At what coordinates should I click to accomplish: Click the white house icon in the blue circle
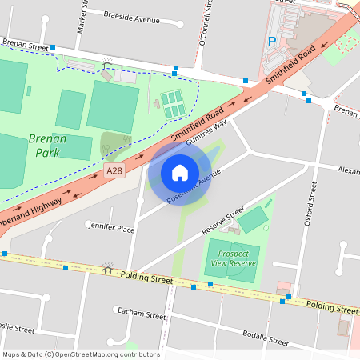pos(180,172)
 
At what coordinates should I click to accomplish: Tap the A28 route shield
pos(114,172)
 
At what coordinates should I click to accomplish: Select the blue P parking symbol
pos(272,41)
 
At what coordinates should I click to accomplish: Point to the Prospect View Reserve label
pos(234,258)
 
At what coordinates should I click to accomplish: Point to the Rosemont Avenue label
pos(193,190)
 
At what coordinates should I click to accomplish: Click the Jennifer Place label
pos(111,229)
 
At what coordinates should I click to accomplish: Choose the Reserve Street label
pos(223,221)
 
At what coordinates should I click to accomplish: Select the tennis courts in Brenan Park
pos(171,103)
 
